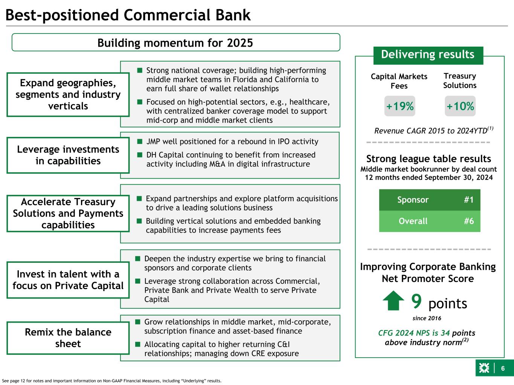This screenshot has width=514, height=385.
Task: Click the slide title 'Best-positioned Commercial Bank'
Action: click(128, 15)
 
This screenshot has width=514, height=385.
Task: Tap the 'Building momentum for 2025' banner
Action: click(175, 42)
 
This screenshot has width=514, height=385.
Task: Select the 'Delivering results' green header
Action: click(428, 55)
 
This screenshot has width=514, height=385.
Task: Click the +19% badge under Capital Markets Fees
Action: click(400, 106)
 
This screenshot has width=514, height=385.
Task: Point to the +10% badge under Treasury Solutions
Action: click(460, 106)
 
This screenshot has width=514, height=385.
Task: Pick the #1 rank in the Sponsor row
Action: click(468, 200)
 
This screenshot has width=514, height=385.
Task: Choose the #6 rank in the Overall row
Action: click(468, 221)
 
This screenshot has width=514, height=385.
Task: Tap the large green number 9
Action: click(416, 301)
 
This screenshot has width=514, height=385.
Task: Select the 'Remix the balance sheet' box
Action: click(68, 338)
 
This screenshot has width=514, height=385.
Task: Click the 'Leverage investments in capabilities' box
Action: click(68, 155)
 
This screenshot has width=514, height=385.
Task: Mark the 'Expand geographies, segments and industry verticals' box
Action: click(68, 94)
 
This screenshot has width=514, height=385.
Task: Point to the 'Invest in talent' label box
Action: click(68, 280)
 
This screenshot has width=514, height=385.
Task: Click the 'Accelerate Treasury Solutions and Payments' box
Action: click(68, 213)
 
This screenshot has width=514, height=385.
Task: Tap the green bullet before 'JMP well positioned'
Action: click(140, 142)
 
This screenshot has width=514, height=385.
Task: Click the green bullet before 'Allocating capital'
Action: click(138, 344)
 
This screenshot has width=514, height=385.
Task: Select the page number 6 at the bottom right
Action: click(503, 368)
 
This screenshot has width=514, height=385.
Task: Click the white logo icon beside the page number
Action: click(484, 368)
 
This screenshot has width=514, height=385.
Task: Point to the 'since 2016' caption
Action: click(427, 318)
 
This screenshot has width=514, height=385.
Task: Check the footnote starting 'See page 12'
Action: click(112, 381)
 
